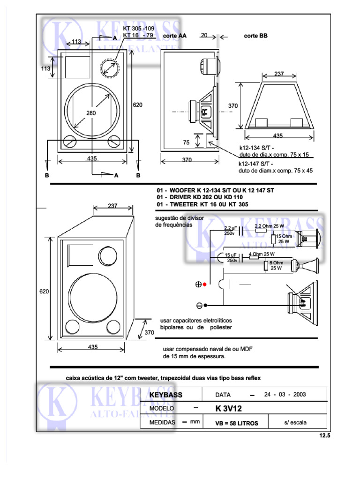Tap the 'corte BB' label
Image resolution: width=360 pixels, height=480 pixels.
point(256,36)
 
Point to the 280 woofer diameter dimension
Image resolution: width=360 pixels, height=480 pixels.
point(91,113)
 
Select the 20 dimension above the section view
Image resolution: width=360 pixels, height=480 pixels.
point(204,35)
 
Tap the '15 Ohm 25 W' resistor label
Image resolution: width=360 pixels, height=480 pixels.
point(284,239)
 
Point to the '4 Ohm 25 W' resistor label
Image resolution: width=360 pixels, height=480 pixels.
point(262,254)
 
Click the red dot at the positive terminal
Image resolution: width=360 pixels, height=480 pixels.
point(205,285)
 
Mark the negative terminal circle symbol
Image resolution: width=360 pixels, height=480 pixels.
point(199,305)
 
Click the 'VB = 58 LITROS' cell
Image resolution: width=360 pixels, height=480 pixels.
point(236,423)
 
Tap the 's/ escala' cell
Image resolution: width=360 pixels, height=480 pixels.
point(295,422)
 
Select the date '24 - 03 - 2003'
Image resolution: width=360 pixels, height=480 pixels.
point(285,394)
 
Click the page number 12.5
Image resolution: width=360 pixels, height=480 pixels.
point(325,436)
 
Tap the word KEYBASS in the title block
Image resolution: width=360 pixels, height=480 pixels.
point(165,395)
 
